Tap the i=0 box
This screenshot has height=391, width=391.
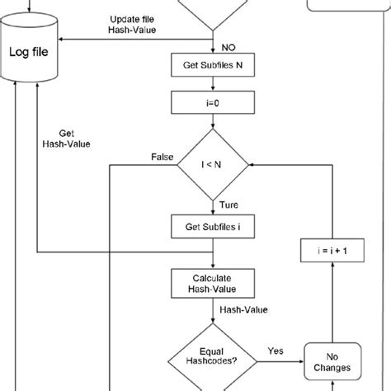click(x=214, y=102)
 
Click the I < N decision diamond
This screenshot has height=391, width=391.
click(x=214, y=165)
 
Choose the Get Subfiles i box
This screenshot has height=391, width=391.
click(x=214, y=224)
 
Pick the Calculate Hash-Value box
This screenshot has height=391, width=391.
click(x=214, y=283)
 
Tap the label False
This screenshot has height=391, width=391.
click(x=163, y=156)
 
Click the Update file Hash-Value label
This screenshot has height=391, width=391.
click(x=134, y=24)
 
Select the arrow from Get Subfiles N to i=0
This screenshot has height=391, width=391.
click(x=214, y=82)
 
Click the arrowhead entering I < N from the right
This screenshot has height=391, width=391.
click(x=252, y=165)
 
